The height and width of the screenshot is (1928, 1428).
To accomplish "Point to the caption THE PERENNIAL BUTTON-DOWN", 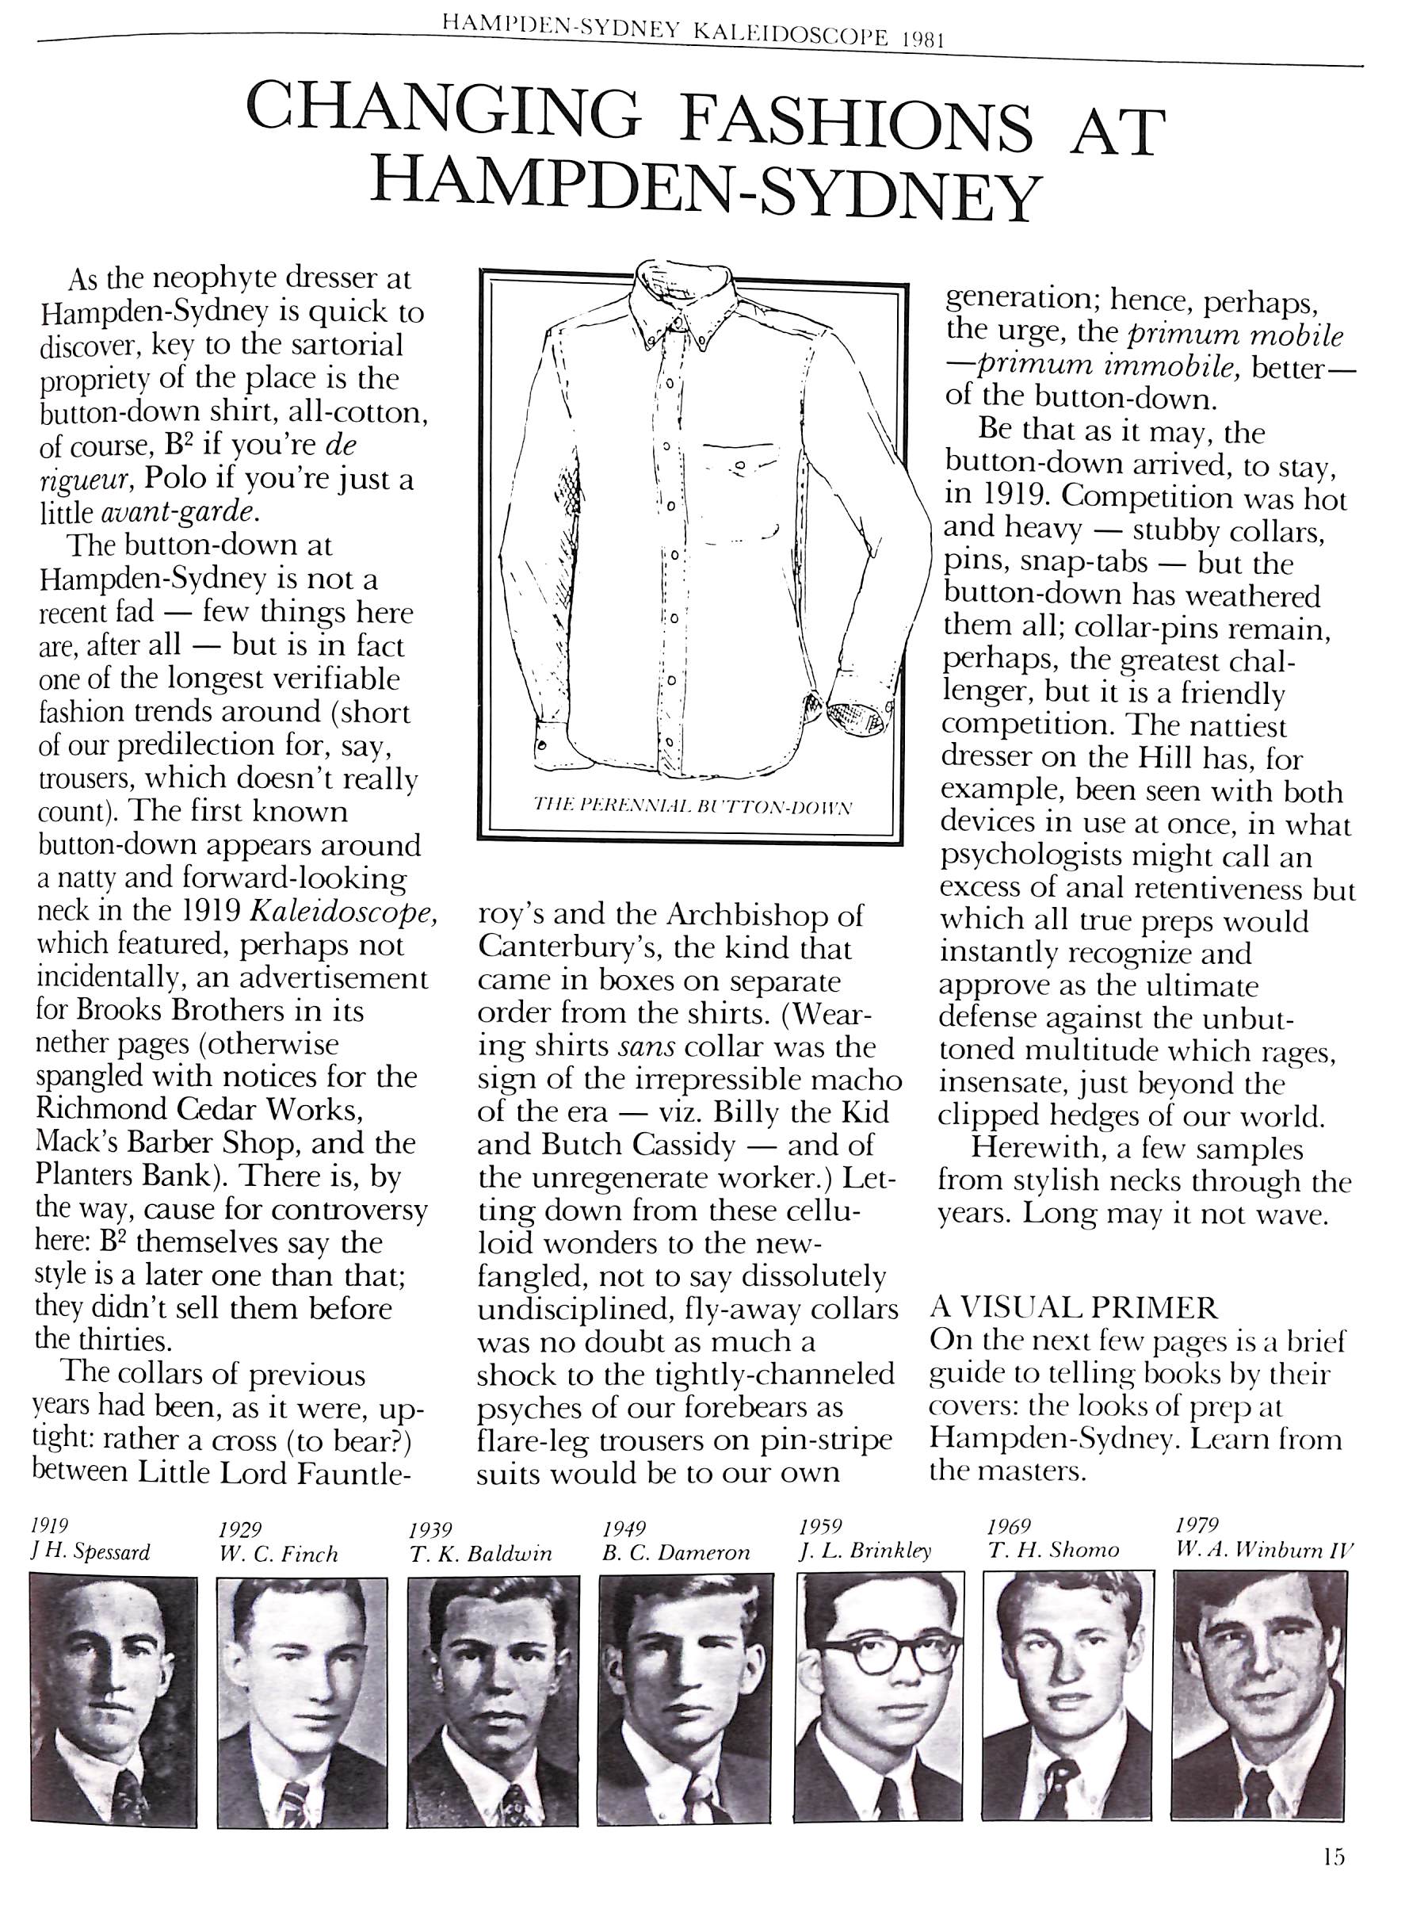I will pyautogui.click(x=693, y=808).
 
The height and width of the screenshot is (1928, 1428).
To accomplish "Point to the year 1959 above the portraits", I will pyautogui.click(x=820, y=1526).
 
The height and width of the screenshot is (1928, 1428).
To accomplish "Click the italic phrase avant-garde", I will pyautogui.click(x=180, y=513).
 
